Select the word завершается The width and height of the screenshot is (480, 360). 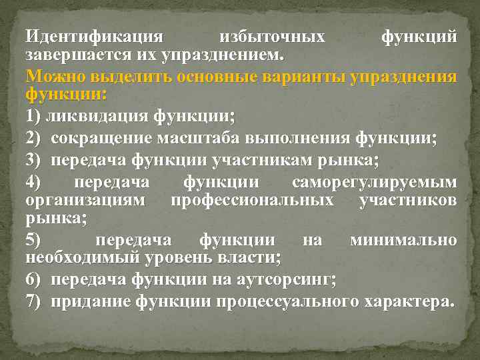(71, 52)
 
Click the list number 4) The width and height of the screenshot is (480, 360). (35, 183)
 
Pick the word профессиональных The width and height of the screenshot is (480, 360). (252, 200)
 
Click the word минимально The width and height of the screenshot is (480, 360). (403, 240)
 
